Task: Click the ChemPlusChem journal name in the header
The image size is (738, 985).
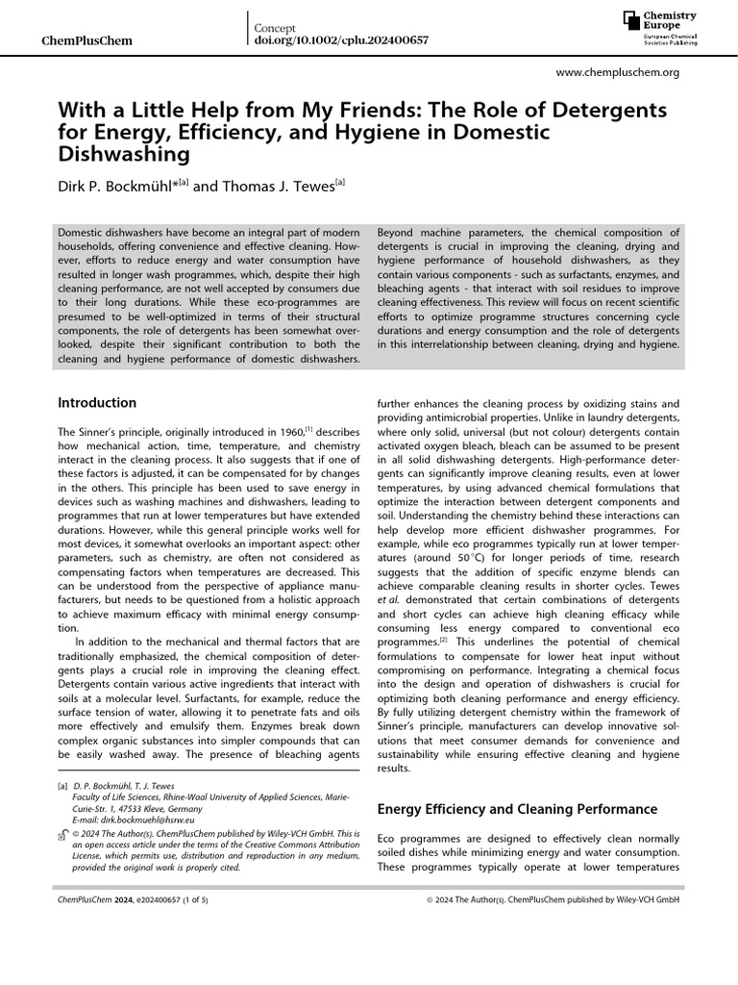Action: click(89, 41)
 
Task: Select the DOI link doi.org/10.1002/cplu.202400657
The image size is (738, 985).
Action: click(340, 40)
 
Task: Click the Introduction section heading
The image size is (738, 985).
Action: click(97, 403)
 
